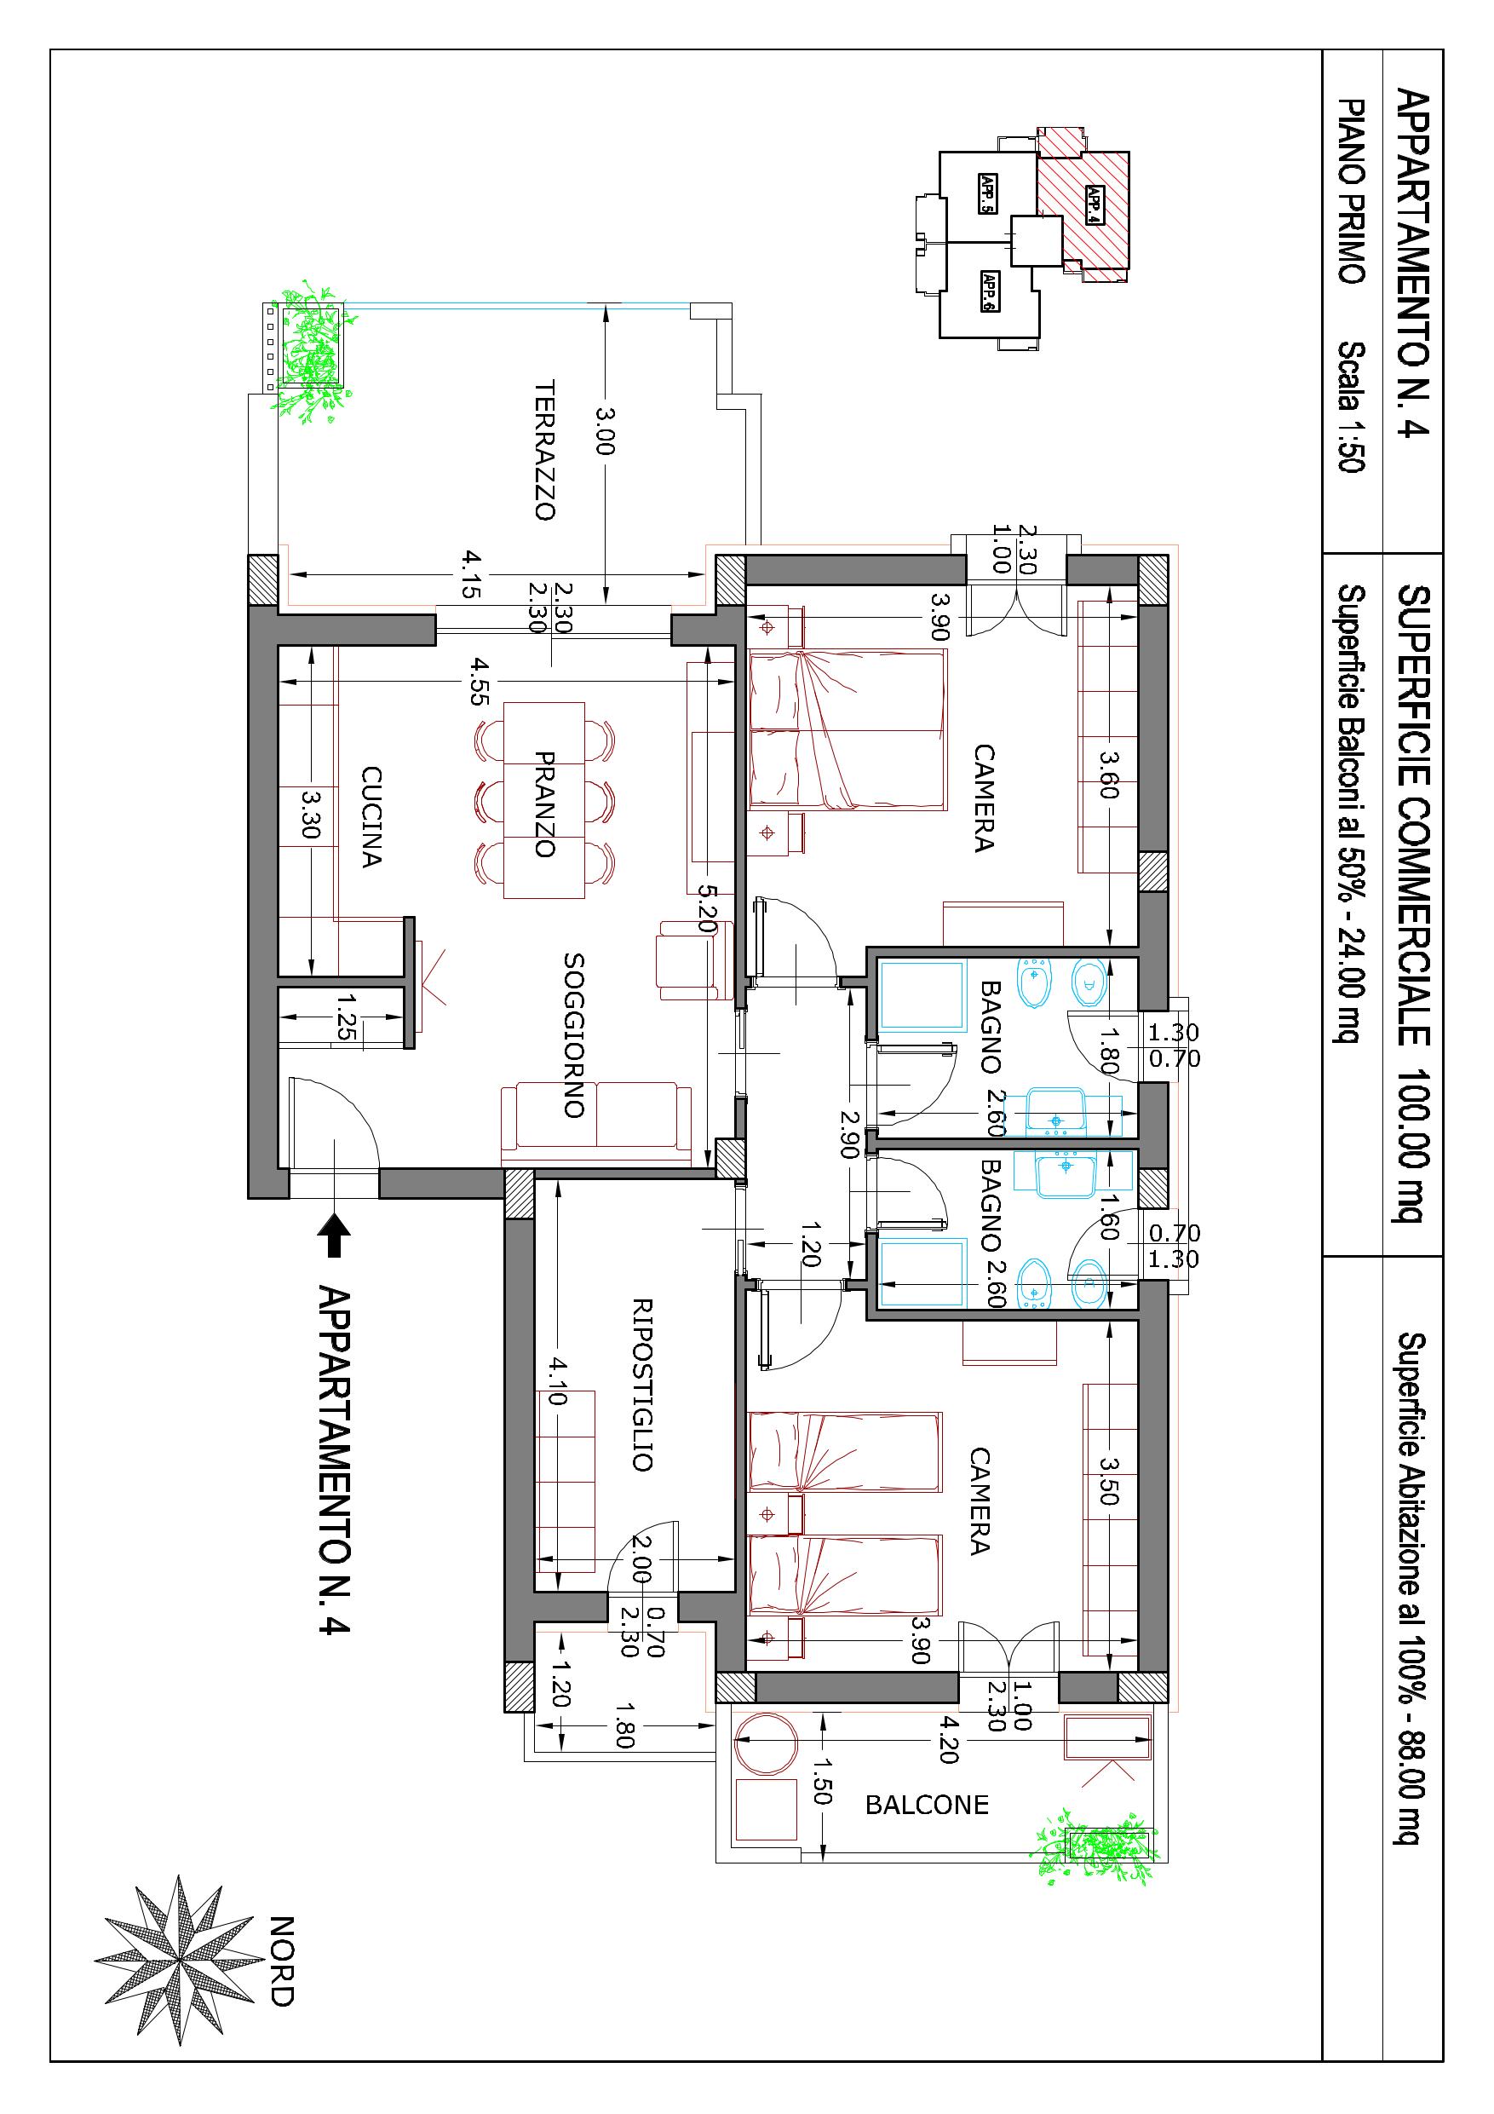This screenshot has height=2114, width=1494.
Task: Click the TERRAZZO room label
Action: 545,450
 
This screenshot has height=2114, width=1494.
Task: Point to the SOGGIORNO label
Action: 573,1035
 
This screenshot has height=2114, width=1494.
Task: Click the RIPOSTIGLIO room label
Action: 641,1385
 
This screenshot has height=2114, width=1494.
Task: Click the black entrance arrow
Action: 334,1234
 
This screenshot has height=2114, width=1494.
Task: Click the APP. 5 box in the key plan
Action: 988,193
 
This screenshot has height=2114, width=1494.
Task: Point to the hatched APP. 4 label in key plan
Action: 1094,204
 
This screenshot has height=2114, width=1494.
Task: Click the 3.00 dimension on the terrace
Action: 605,431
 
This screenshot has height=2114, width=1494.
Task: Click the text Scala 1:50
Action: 1351,407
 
